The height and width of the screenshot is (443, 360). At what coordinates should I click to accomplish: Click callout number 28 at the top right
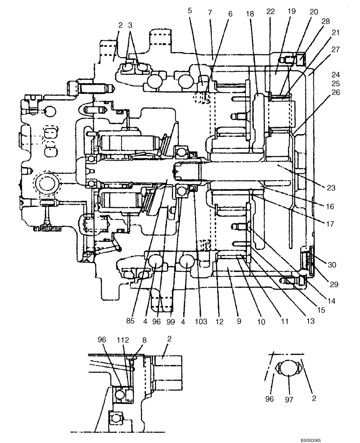[x=326, y=22]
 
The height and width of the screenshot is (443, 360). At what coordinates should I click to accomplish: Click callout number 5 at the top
[x=190, y=10]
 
